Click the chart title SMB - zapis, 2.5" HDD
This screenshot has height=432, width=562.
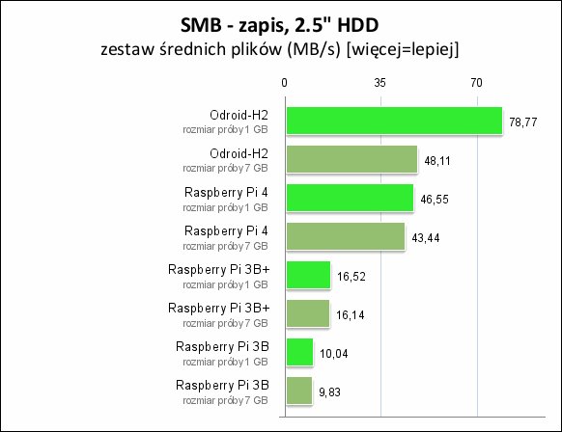tap(279, 25)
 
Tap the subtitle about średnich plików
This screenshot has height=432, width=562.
tap(280, 49)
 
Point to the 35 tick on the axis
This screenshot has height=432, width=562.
tap(379, 83)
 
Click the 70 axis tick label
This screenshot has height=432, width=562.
tap(476, 83)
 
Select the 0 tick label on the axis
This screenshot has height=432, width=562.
tap(284, 83)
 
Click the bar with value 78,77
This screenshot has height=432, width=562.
tap(394, 121)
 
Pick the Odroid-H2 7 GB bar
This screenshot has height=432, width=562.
tap(351, 160)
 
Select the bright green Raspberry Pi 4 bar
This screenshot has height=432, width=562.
tap(350, 198)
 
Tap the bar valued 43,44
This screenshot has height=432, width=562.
tap(346, 236)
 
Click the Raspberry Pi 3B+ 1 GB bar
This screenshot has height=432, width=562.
tap(308, 275)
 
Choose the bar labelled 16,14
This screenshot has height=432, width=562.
tap(308, 313)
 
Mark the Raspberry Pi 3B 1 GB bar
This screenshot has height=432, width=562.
tap(299, 352)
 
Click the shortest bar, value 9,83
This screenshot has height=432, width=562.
tap(299, 391)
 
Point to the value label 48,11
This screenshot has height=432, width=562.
tap(437, 161)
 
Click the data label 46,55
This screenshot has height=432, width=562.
tap(434, 200)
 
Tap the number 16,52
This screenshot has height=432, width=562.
tap(351, 277)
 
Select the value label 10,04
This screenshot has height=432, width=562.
tap(334, 354)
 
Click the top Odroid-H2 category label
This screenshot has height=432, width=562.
tap(239, 116)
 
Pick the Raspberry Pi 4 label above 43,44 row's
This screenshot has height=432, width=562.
tap(226, 231)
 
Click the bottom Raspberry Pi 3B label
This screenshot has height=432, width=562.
tap(222, 386)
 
